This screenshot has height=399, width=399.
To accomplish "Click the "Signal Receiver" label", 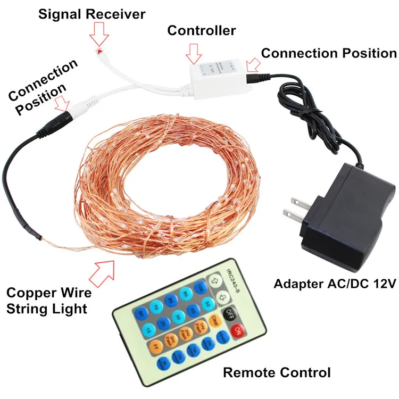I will [92, 14].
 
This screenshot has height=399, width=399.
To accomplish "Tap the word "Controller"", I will [201, 31].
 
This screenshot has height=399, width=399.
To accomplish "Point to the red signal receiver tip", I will [98, 50].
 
